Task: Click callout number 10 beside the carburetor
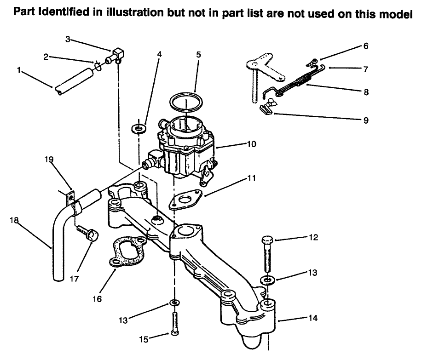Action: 252,144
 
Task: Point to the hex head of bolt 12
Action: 268,240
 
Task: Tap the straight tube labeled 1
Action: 74,81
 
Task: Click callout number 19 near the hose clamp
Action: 49,160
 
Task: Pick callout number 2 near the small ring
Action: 46,57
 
